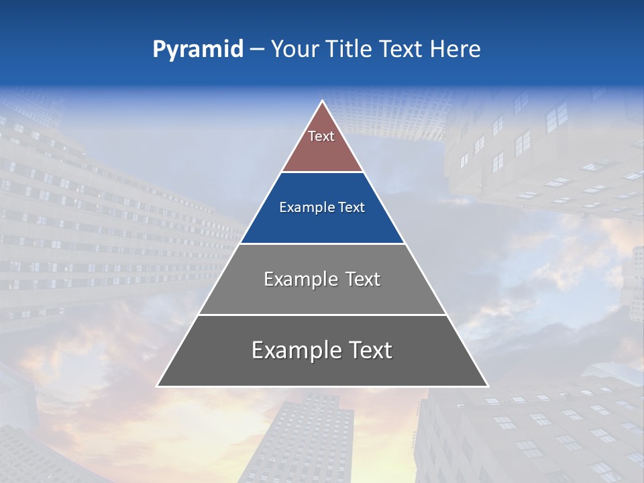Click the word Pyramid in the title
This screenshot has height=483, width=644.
[x=198, y=49]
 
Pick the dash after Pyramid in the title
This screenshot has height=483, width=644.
[x=256, y=50]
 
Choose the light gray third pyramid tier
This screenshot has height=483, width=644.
[x=322, y=295]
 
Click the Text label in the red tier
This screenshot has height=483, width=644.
[x=321, y=136]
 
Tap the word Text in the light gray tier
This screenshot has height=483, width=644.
[x=363, y=279]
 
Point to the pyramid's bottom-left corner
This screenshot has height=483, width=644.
[x=158, y=386]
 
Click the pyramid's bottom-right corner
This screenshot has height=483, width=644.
[x=488, y=386]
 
